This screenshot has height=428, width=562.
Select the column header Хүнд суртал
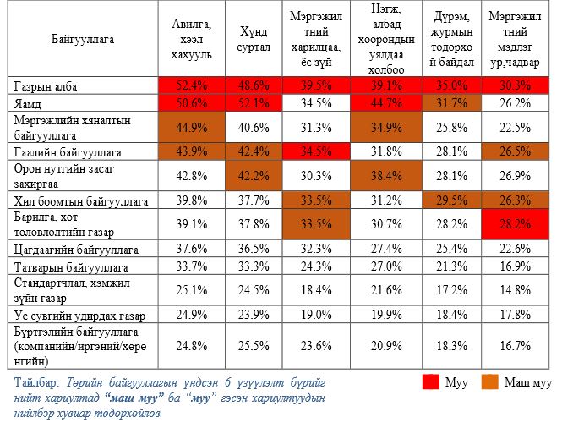(x=254, y=39)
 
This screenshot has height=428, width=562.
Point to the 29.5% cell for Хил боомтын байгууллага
(x=451, y=201)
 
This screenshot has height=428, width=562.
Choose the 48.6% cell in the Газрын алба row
(x=254, y=85)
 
